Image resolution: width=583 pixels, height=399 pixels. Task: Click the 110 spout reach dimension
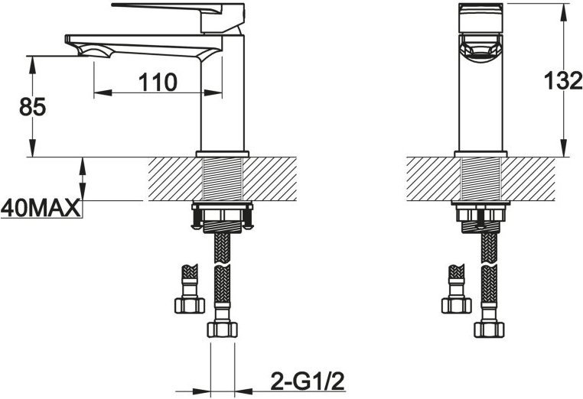tap(158, 83)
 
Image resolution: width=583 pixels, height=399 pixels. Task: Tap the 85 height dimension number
tap(33, 107)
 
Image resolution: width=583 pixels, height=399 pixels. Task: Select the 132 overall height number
tap(563, 80)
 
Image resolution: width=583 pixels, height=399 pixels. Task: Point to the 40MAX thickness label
tap(41, 208)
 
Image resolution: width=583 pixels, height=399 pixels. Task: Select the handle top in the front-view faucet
tap(480, 18)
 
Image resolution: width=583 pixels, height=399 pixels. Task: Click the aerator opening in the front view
tap(480, 50)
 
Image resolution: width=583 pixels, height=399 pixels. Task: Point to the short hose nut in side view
tap(190, 305)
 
